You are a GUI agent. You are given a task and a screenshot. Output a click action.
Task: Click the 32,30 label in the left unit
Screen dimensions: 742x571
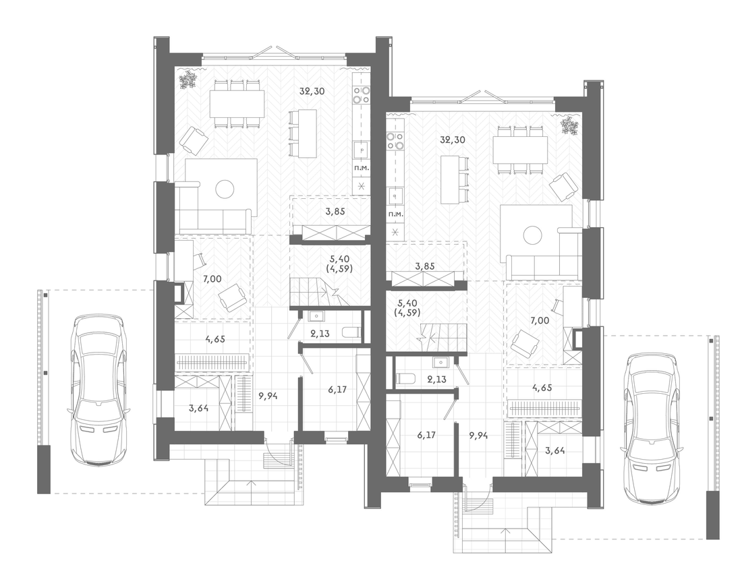312,91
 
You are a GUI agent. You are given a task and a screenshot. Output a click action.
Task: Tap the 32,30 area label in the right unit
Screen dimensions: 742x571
453,140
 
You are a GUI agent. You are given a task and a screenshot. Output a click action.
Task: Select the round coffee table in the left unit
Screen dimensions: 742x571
225,189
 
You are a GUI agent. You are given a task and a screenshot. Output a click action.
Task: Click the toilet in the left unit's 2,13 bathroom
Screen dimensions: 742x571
349,332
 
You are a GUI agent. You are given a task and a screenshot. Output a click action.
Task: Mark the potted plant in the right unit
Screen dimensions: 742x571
569,125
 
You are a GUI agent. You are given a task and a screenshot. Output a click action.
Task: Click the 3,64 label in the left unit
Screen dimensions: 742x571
199,408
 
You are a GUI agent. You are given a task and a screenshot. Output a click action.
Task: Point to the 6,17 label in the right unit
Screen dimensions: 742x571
427,435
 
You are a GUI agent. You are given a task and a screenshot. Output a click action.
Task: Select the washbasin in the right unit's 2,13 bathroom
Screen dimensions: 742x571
440,363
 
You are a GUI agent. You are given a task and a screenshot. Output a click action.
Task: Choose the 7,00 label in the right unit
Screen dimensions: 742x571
540,321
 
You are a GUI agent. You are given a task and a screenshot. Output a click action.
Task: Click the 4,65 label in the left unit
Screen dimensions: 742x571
215,338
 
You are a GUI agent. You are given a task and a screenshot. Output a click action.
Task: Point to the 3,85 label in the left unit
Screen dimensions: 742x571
335,212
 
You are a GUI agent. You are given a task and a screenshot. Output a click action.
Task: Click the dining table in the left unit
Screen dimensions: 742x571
237,104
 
